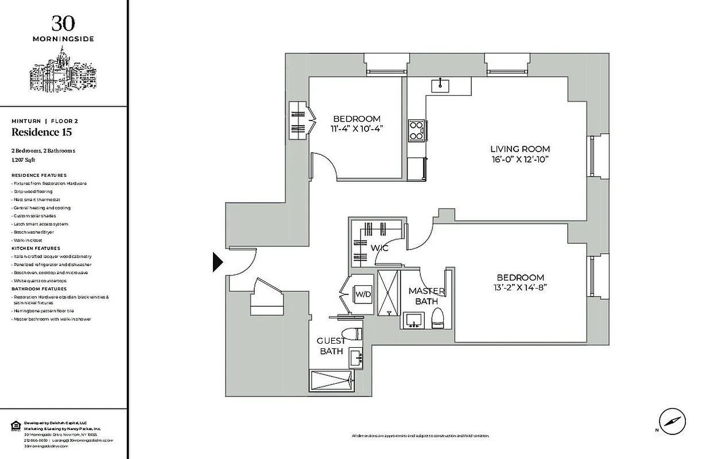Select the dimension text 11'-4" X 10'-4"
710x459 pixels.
coord(356,129)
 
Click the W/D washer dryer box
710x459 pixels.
coord(362,294)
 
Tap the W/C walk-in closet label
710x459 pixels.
coord(380,248)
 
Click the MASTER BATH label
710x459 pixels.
coord(426,296)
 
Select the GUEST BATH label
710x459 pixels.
coord(331,346)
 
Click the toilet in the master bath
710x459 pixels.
coord(438,318)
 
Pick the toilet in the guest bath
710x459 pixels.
coord(351,334)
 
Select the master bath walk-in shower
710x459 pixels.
coord(388,291)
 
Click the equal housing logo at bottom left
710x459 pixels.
coord(15,425)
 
